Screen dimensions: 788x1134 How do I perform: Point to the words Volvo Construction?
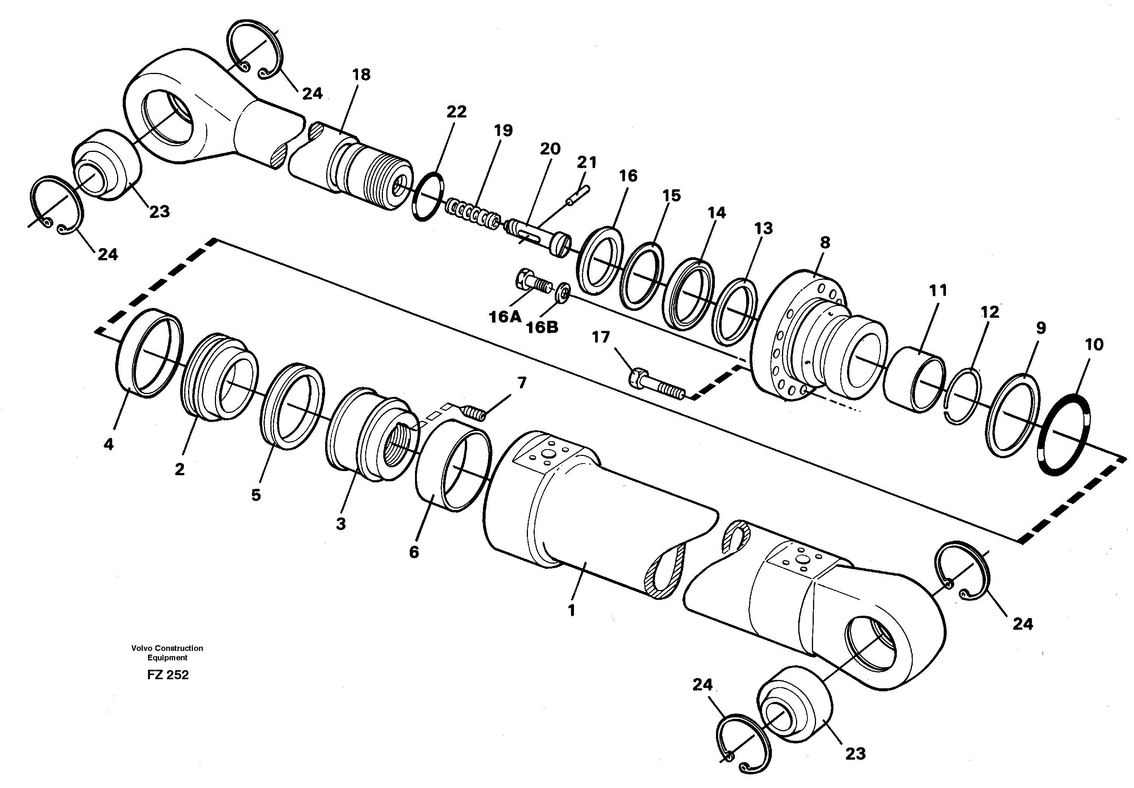coord(167,648)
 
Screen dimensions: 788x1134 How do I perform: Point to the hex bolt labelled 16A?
coord(533,283)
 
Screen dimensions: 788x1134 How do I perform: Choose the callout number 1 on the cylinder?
coord(571,610)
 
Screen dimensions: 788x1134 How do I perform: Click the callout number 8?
coord(825,243)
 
